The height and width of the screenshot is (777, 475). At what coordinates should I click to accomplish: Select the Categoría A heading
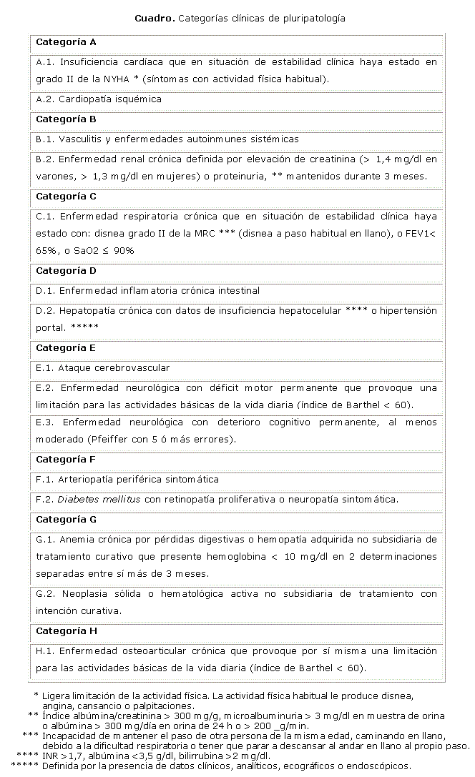point(66,42)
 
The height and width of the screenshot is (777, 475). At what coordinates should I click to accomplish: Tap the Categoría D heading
point(66,271)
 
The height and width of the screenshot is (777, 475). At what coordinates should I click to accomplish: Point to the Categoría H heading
point(66,631)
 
